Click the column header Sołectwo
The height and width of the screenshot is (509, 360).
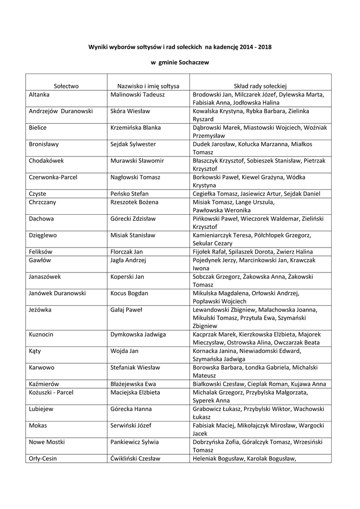[x=67, y=86]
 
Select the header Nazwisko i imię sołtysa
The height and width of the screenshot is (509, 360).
[x=148, y=86]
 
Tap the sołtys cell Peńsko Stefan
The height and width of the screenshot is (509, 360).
[x=130, y=193]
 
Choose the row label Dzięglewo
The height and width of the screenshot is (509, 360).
[x=43, y=235]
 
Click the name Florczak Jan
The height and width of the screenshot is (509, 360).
[x=127, y=252]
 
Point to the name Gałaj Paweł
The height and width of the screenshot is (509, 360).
[x=126, y=309]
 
